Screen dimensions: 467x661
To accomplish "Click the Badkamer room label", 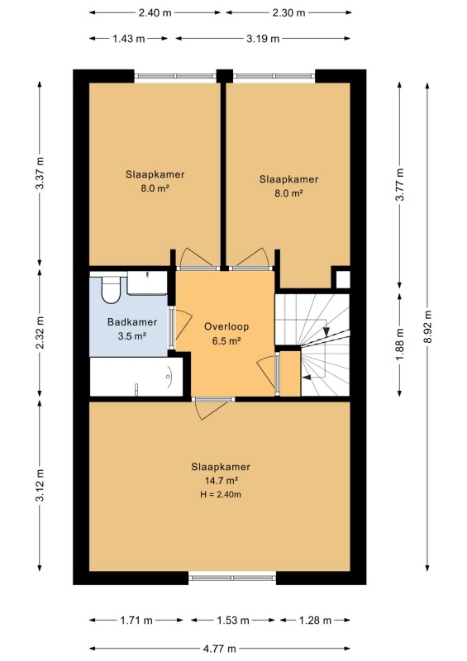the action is (x=132, y=322).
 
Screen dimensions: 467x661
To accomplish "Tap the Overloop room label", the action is (x=226, y=326).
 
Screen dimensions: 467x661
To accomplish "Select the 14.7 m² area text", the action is (x=221, y=481).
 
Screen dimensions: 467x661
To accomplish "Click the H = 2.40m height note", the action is (x=221, y=494).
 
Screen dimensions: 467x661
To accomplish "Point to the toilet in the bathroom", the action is (x=111, y=288).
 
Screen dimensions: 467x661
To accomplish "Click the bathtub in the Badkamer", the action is (x=136, y=377).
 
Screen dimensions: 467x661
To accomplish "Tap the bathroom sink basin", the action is (x=148, y=283).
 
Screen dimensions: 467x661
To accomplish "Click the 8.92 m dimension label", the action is (x=427, y=326).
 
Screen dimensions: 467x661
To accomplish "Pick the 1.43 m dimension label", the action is (x=129, y=39).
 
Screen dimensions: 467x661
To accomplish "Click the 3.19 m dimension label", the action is (x=263, y=39).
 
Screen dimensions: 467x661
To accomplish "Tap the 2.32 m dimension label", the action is (x=40, y=332).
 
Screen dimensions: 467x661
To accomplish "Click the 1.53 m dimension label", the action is (x=233, y=621).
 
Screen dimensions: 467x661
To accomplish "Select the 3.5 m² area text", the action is (x=132, y=336).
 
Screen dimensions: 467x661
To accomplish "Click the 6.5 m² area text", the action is (x=226, y=341).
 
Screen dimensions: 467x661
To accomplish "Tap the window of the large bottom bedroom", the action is (x=232, y=577).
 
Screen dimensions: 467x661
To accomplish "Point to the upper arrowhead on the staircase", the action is (x=326, y=332).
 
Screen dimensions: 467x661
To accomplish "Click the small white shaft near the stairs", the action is (x=342, y=279).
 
